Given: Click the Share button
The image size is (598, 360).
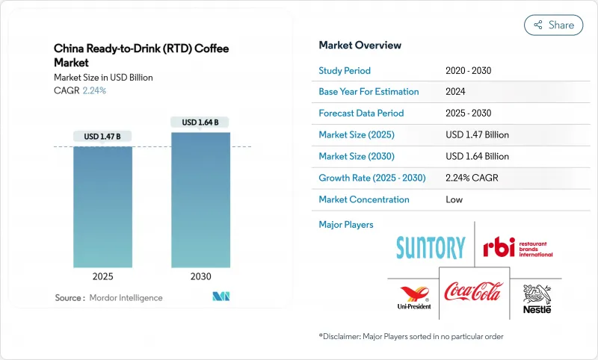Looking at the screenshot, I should (553, 25).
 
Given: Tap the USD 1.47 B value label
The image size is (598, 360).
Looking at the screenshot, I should (102, 136).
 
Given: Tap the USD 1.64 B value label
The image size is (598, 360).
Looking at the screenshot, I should (200, 122).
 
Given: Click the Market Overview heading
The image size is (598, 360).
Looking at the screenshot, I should (360, 46).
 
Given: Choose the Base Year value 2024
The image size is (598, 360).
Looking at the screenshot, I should (455, 92).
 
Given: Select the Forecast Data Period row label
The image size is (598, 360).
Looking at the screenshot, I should (361, 114).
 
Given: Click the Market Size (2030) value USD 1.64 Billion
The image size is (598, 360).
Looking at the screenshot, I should (477, 156).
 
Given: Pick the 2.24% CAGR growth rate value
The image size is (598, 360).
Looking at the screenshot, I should (471, 178).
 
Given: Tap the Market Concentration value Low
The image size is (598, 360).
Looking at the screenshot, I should (454, 199).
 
